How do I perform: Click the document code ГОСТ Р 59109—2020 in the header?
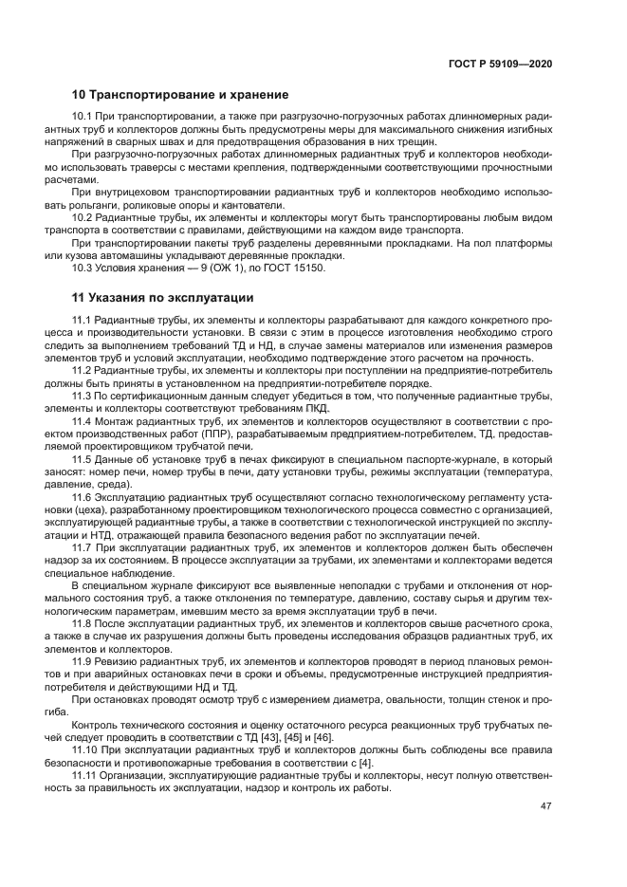(502, 65)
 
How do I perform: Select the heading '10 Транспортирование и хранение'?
(180, 95)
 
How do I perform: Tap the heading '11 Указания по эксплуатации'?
(163, 297)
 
